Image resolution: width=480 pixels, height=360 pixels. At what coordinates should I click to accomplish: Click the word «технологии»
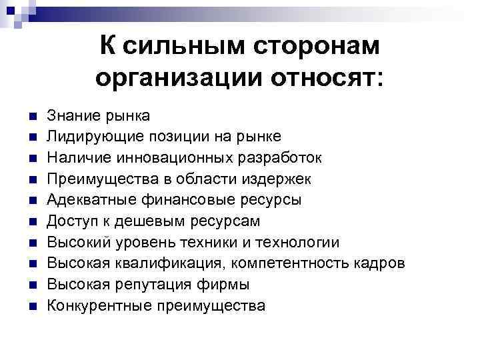pos(297,243)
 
